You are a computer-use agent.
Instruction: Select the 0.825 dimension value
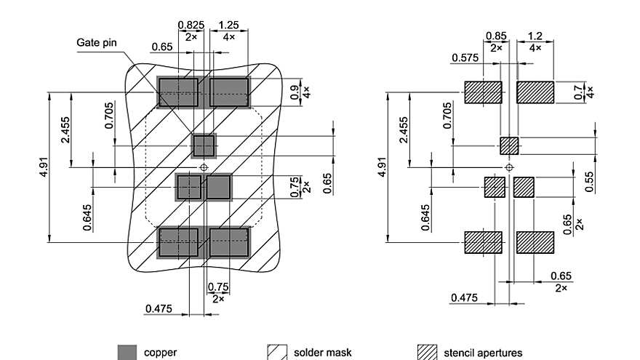point(191,25)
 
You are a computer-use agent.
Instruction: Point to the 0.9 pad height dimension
point(295,92)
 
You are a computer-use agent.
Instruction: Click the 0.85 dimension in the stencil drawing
point(497,36)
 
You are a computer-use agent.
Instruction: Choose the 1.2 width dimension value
point(535,36)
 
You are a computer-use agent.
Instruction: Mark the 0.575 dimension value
point(465,57)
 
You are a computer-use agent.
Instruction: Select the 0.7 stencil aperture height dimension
point(578,92)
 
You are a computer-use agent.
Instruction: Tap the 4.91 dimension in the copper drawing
point(44,167)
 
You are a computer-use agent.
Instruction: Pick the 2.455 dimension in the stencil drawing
point(404,130)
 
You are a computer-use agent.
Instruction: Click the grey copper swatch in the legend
point(127,352)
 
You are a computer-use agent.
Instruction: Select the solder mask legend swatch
point(276,352)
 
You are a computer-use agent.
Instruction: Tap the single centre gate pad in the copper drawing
point(204,145)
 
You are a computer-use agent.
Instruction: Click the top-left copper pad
point(178,92)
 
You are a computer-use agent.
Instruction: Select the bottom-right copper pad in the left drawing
point(229,242)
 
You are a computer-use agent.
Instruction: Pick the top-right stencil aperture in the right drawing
point(535,92)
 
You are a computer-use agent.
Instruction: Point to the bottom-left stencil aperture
point(483,242)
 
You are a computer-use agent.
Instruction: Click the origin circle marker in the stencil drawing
point(509,167)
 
